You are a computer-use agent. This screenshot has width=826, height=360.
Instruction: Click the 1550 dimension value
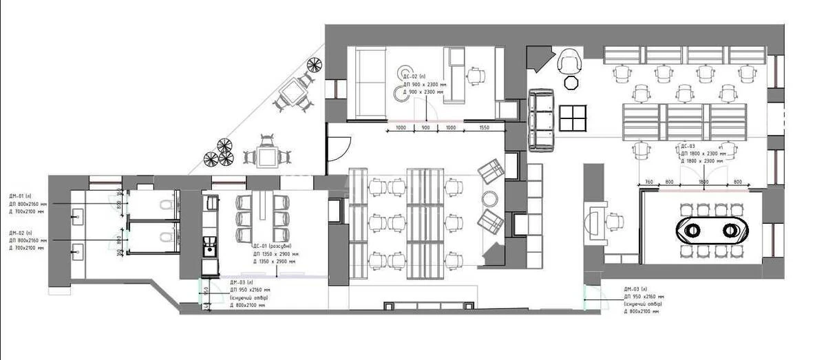[x=484, y=128]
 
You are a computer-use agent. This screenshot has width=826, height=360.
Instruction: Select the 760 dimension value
[x=648, y=182]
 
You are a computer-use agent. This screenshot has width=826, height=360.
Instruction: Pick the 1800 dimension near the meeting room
[x=703, y=182]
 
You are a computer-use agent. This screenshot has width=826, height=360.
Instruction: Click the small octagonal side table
[x=570, y=83]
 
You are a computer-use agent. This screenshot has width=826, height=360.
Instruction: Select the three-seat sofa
[x=542, y=120]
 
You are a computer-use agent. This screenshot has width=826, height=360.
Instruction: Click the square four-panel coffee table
[x=572, y=118]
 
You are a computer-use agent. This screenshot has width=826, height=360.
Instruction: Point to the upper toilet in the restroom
[x=163, y=204]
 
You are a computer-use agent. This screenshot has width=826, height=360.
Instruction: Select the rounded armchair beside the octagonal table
[x=570, y=62]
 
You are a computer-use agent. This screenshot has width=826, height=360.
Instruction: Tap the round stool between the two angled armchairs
[x=489, y=198]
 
